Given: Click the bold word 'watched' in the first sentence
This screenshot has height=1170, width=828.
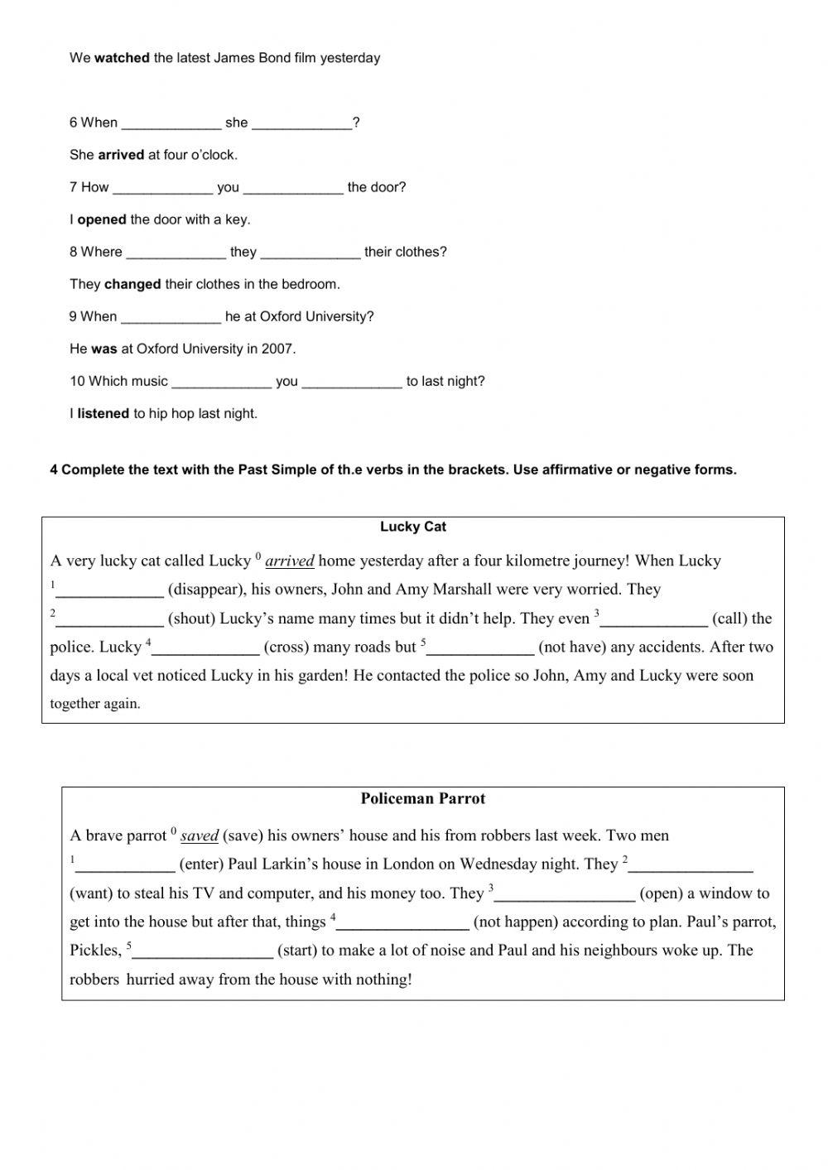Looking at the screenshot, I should click(122, 58).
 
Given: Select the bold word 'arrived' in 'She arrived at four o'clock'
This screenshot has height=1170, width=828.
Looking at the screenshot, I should click(121, 155).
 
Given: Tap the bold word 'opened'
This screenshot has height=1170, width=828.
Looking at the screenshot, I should click(101, 219).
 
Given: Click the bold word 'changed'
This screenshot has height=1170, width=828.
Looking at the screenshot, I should click(132, 284).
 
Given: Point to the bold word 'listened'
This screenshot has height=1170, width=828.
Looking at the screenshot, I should click(103, 413).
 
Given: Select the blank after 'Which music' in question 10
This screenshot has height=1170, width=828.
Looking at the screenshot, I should click(221, 383).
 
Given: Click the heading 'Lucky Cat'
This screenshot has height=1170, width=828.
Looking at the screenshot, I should click(413, 527).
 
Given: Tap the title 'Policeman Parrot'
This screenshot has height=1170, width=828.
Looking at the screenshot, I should click(422, 798).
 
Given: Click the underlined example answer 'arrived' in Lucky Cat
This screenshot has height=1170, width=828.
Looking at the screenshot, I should click(289, 561).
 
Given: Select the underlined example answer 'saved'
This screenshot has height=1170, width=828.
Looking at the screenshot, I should click(199, 835).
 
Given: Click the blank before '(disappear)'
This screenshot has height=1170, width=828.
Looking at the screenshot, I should click(109, 591).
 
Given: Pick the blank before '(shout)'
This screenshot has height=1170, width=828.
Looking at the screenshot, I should click(109, 620).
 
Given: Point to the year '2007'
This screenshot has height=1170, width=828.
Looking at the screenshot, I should click(278, 349).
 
